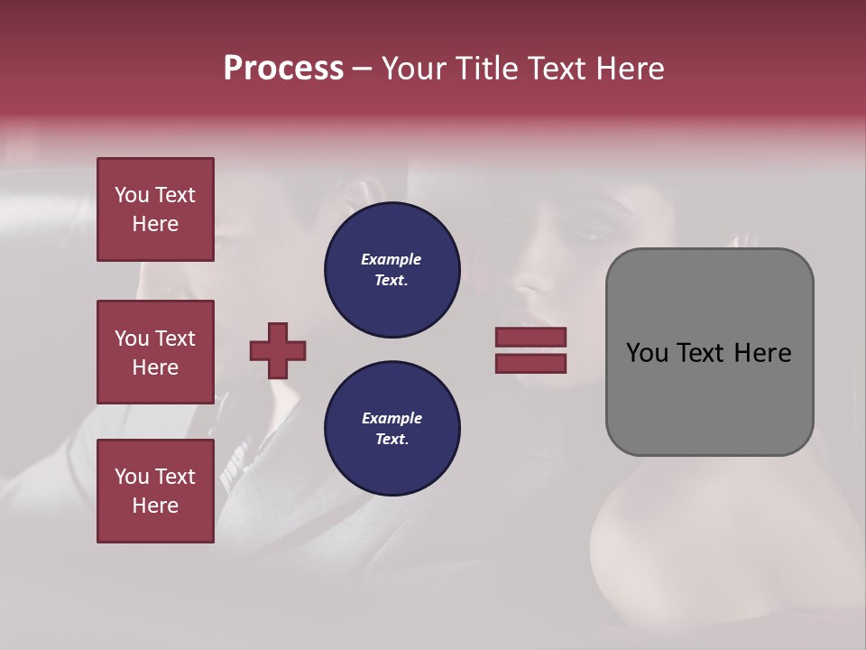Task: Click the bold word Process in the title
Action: [283, 69]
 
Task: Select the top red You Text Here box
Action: [155, 209]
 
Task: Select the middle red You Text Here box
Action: [155, 352]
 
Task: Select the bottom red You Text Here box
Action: [155, 490]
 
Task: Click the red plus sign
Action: [278, 350]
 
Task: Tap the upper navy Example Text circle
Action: [392, 270]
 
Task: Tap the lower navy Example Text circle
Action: [392, 429]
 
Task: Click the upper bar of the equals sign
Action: [530, 338]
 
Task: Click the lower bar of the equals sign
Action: [530, 364]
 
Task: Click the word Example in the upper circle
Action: [392, 259]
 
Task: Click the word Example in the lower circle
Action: [392, 418]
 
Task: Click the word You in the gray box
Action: [647, 353]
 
